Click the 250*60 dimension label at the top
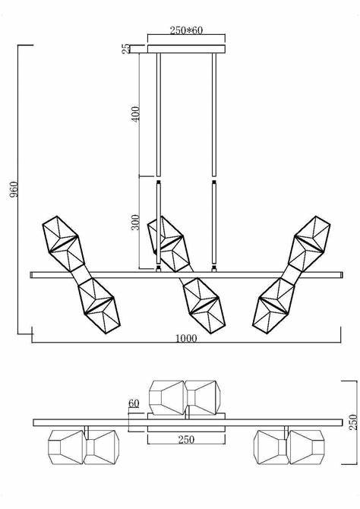click(x=185, y=30)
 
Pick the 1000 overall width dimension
click(x=185, y=338)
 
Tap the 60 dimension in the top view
click(x=134, y=403)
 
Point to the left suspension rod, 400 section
click(x=158, y=114)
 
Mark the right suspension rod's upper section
click(x=214, y=114)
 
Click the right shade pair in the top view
click(x=289, y=447)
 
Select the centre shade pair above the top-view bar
click(x=185, y=397)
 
